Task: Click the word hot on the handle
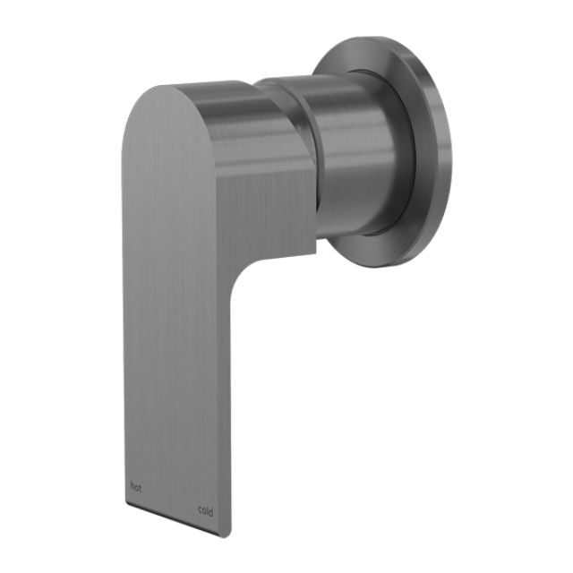tap(135, 487)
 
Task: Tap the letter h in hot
tap(132, 486)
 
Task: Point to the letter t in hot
tap(140, 489)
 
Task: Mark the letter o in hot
tap(136, 488)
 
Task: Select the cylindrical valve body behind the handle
tap(358, 152)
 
